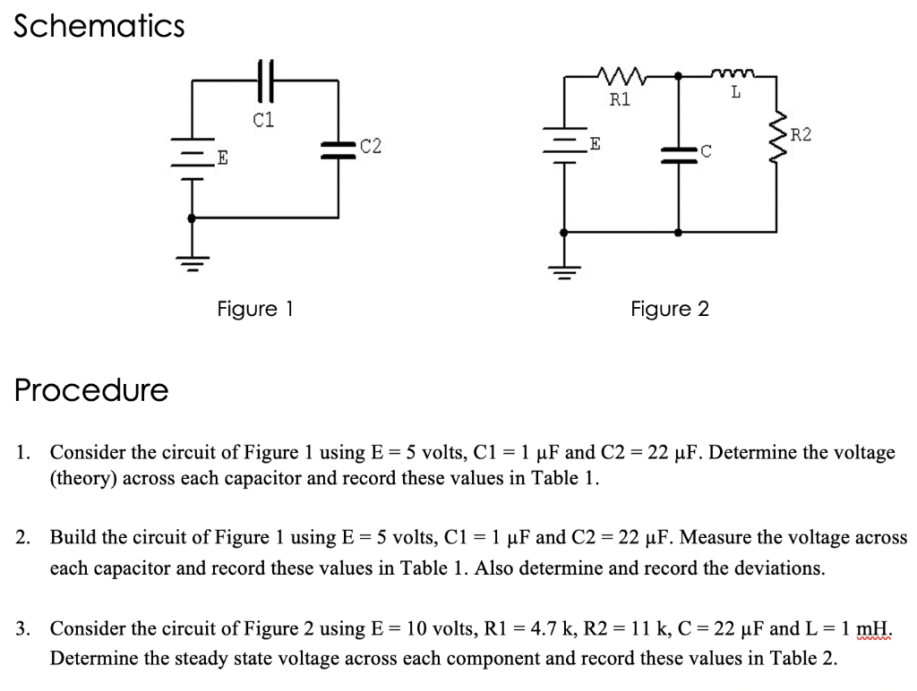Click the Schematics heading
coord(99,27)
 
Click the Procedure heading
coord(91,390)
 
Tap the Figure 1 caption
coord(255,310)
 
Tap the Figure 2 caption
coord(669,310)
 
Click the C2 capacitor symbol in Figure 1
coord(339,149)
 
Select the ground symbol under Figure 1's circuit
coord(191,261)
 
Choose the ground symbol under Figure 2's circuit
coord(564,272)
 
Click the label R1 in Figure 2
coord(620,99)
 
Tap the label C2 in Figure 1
coord(370,146)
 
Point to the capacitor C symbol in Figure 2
coord(679,154)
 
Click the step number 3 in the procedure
coord(21,628)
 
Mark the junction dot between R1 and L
coord(679,77)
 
